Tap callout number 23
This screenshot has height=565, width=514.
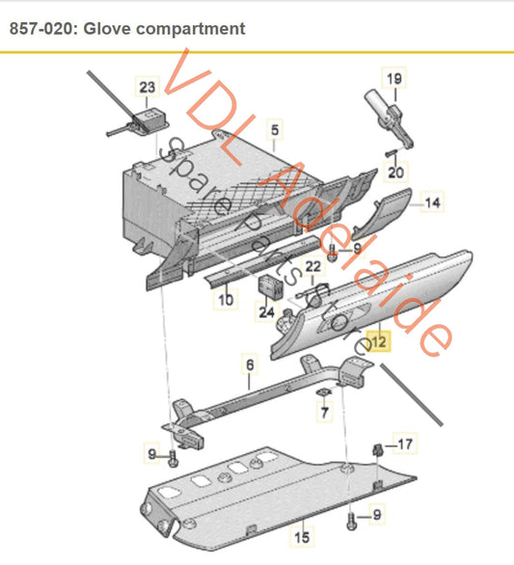pos(147,88)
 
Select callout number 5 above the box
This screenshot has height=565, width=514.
pos(274,128)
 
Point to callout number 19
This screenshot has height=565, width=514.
pos(393,78)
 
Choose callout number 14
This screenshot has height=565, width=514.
pos(433,203)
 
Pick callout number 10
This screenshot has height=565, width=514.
pos(225,300)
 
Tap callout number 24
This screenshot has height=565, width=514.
pos(266,312)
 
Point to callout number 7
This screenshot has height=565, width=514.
pos(324,413)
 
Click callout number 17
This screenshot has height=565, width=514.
pos(405,444)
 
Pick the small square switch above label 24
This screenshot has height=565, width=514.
pos(271,283)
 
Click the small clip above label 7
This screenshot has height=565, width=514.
pos(323,392)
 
